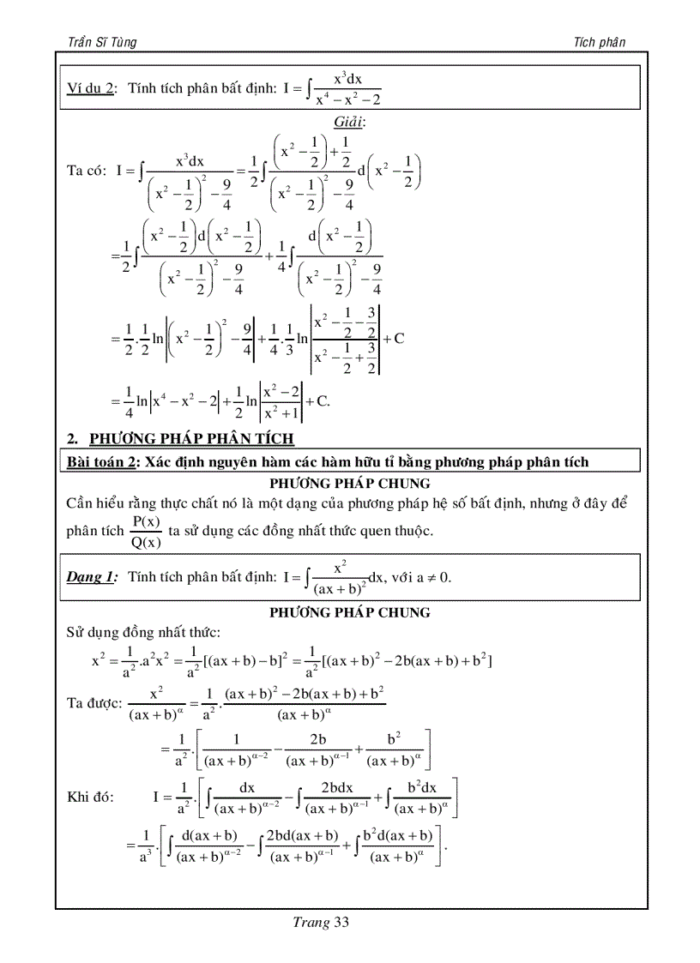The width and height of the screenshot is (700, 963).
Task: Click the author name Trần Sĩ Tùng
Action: [x=101, y=42]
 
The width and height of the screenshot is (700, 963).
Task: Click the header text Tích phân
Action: [x=600, y=42]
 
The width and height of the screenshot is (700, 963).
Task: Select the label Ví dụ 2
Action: [x=91, y=88]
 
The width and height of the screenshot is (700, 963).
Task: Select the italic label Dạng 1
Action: [x=91, y=577]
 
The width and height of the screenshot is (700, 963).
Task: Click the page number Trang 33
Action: [x=321, y=923]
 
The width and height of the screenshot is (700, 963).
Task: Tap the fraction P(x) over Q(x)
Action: [x=146, y=531]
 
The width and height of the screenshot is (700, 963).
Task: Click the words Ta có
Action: [x=86, y=170]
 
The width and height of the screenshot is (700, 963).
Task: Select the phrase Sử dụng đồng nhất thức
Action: [x=143, y=633]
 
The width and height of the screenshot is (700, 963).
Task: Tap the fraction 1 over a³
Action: [x=147, y=845]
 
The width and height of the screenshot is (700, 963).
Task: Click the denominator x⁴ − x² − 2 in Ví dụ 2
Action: [x=347, y=99]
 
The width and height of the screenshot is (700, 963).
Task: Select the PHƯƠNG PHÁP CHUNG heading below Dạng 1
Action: [x=349, y=612]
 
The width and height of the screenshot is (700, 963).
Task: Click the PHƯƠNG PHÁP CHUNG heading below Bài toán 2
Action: [x=349, y=483]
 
